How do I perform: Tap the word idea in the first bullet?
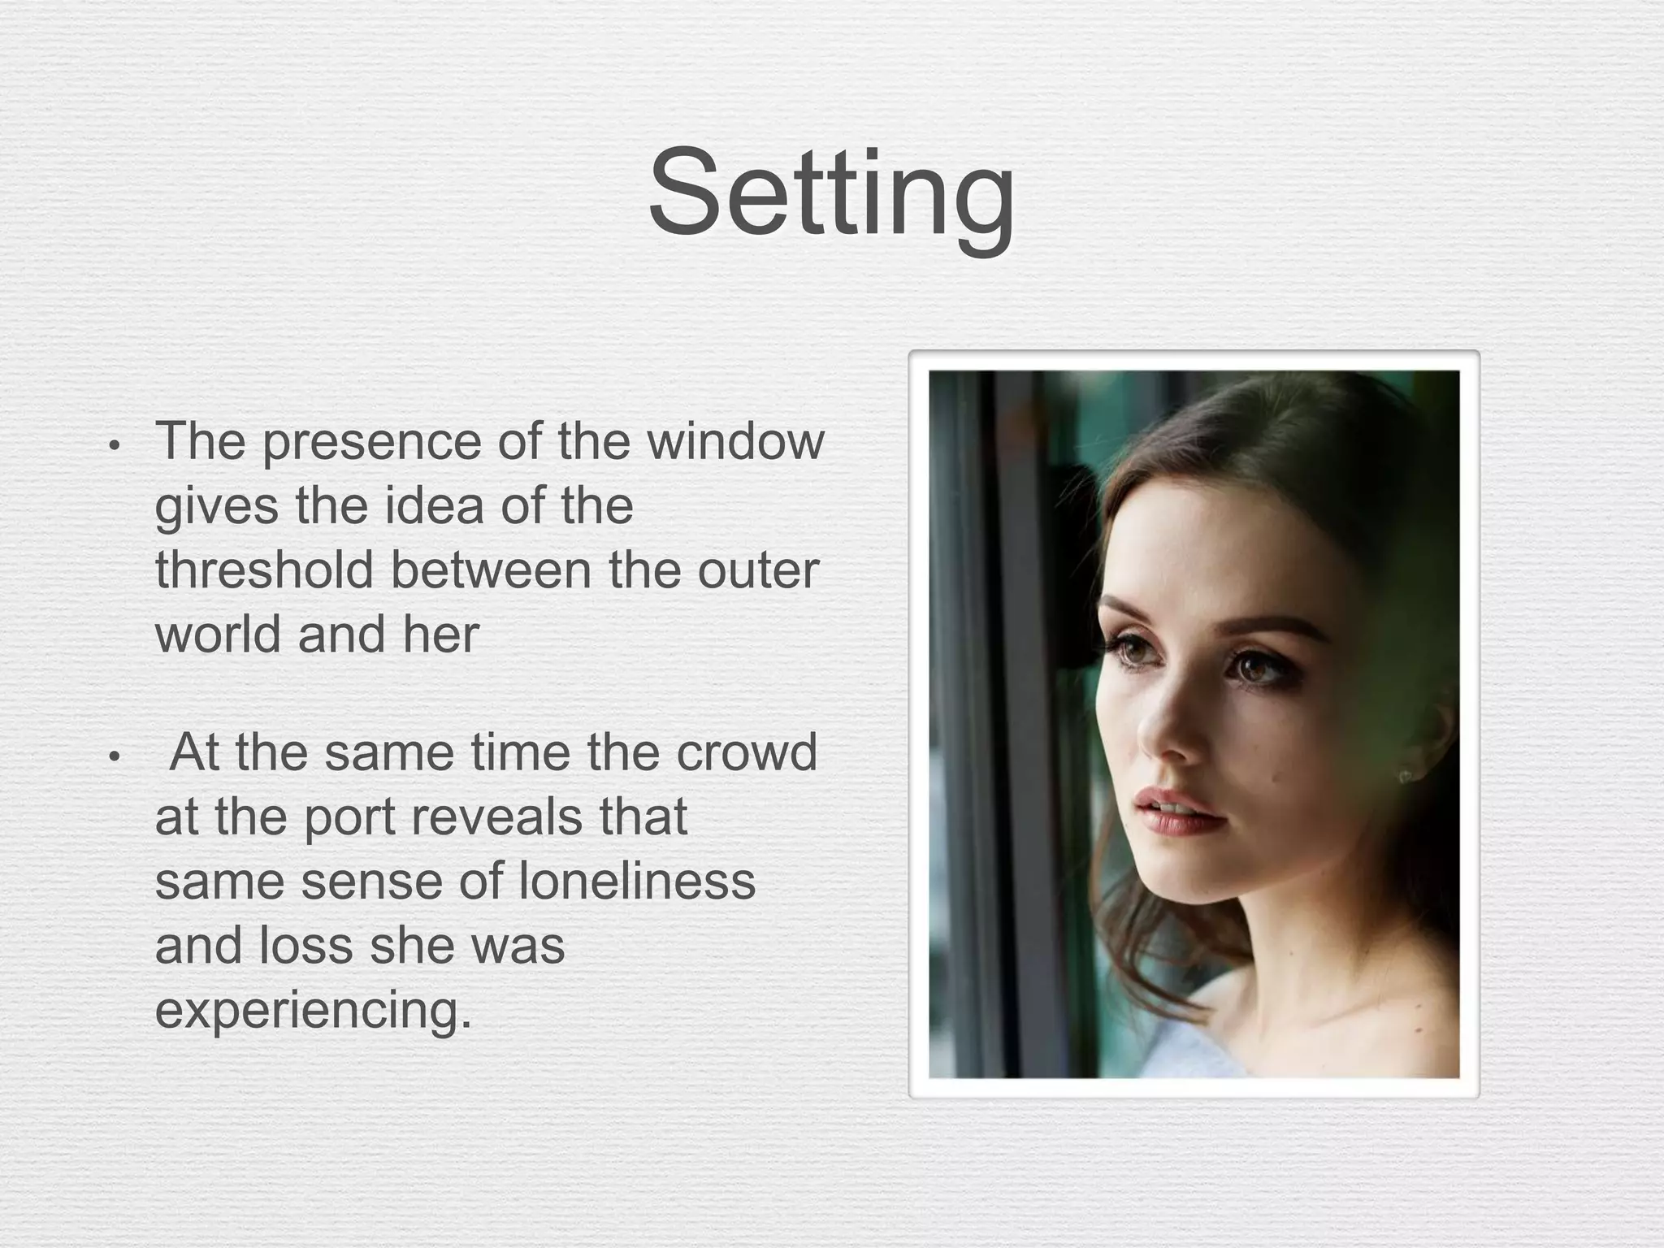pyautogui.click(x=435, y=505)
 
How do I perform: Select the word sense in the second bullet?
pyautogui.click(x=372, y=882)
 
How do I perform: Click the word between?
pyautogui.click(x=492, y=570)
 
